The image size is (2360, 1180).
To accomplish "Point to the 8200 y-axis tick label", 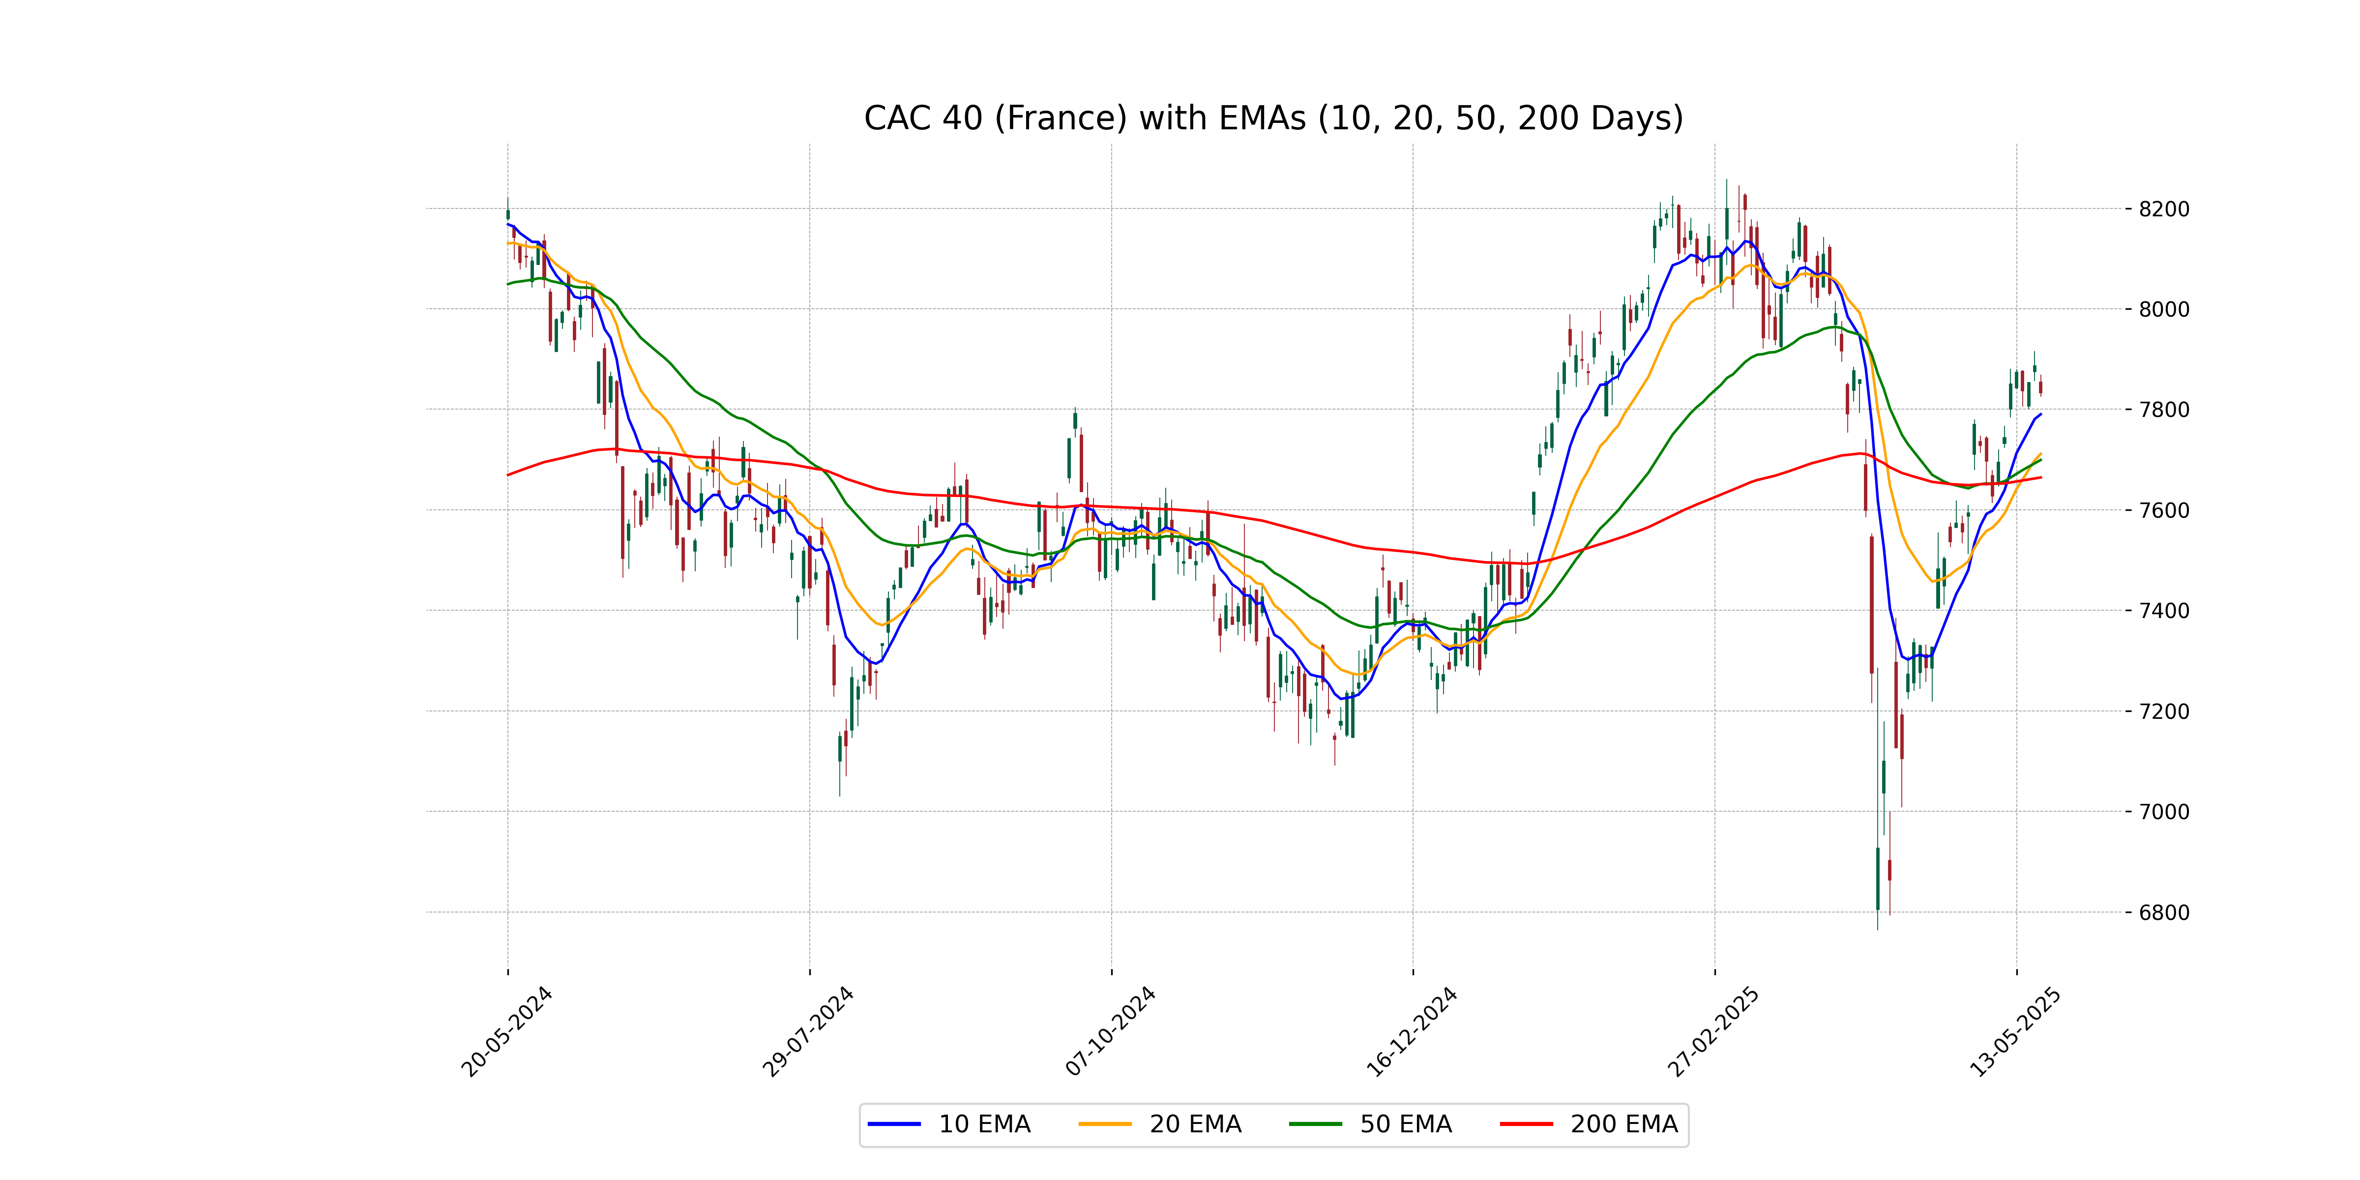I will point(2164,209).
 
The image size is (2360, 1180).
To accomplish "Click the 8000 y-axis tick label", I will point(2164,310).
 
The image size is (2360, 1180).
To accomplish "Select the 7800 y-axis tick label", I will point(2164,410).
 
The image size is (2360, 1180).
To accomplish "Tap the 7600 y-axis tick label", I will point(2164,510).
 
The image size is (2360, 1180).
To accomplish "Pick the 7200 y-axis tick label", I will point(2164,711).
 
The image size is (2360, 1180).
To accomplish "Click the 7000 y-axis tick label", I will point(2164,812).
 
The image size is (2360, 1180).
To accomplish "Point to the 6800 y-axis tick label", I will point(2164,913).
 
